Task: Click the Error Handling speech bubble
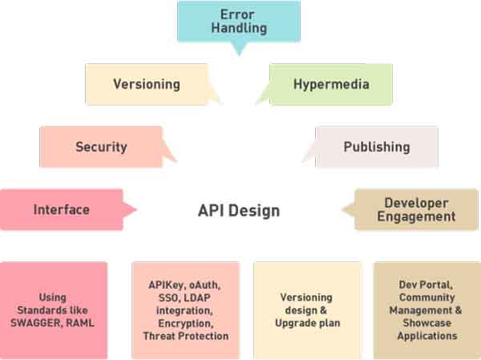pyautogui.click(x=239, y=22)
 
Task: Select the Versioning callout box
pyautogui.click(x=145, y=84)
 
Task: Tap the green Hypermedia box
pyautogui.click(x=330, y=84)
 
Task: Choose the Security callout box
pyautogui.click(x=101, y=147)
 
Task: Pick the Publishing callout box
pyautogui.click(x=376, y=147)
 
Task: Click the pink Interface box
pyautogui.click(x=61, y=209)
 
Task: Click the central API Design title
pyautogui.click(x=239, y=211)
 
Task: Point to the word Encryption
pyautogui.click(x=184, y=323)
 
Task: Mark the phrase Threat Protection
pyautogui.click(x=185, y=336)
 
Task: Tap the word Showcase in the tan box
pyautogui.click(x=426, y=323)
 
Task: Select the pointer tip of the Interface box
pyautogui.click(x=135, y=210)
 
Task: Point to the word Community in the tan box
pyautogui.click(x=426, y=297)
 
